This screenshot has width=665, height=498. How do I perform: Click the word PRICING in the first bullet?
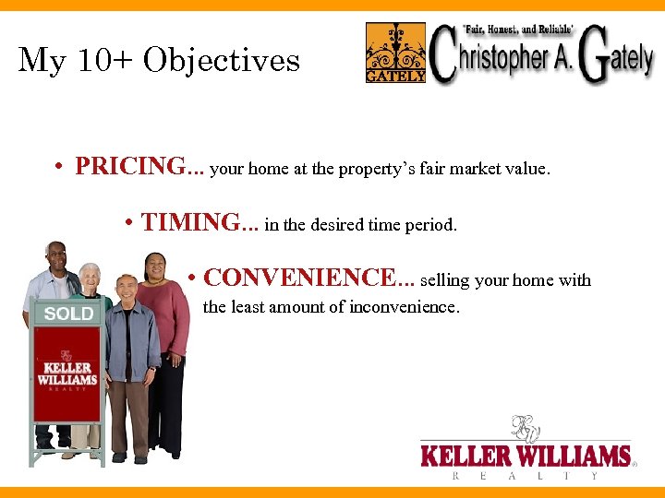129,167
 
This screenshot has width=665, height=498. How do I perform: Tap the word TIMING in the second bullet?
190,222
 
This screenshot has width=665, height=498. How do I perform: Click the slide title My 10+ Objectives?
160,61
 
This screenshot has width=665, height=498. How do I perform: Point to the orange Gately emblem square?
395,53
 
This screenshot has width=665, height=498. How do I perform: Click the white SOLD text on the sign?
69,314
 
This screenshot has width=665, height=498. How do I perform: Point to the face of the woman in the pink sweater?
156,268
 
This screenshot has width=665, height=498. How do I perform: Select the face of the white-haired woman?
90,277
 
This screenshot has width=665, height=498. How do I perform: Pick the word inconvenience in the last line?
404,307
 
